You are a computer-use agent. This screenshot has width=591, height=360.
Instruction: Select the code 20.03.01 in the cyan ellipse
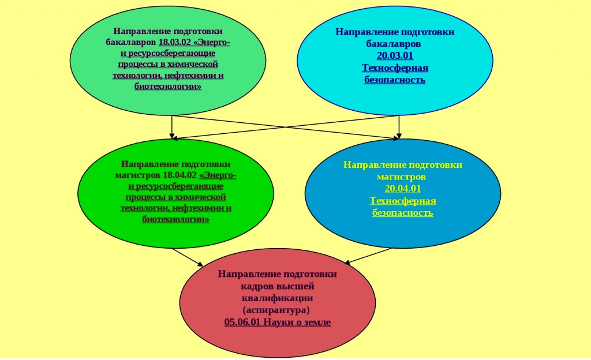[x=395, y=55]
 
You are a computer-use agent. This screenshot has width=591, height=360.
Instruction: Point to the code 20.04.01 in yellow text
[x=403, y=189]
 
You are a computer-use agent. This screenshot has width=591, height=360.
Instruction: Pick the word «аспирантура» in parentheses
[x=277, y=310]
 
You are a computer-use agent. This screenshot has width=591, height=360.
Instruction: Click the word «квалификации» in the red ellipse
[x=277, y=298]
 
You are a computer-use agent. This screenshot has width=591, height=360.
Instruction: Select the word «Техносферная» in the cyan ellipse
[x=395, y=67]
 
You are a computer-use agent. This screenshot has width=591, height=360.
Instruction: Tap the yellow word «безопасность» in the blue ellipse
[x=403, y=213]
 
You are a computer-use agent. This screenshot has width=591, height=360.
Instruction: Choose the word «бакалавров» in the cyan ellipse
[x=395, y=43]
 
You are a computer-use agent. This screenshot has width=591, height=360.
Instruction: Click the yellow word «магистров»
[x=403, y=177]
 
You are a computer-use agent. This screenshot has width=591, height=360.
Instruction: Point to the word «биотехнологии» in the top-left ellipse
[x=168, y=87]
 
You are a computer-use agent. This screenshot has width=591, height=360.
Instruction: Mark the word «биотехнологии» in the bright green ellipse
[x=176, y=219]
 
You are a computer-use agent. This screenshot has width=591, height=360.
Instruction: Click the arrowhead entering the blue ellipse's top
[x=397, y=137]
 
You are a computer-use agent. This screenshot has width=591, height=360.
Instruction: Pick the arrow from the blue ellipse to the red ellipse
[x=369, y=256]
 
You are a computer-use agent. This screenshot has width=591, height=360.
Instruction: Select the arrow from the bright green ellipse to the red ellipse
[x=188, y=257]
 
